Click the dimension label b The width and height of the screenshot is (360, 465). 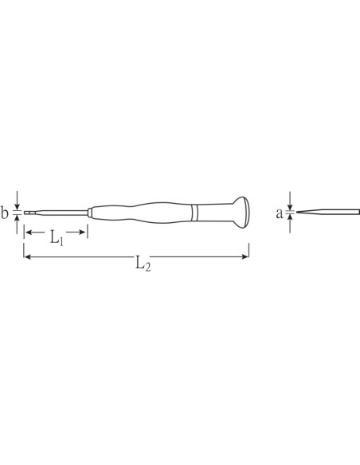[5, 213]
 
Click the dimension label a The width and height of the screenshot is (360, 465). [280, 213]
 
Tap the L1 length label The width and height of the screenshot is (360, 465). [56, 237]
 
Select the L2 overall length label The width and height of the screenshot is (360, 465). [143, 264]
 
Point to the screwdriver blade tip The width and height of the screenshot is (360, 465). [25, 213]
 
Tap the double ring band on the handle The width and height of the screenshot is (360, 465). [194, 213]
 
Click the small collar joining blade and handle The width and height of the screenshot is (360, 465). [89, 213]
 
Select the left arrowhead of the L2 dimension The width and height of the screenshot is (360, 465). [28, 256]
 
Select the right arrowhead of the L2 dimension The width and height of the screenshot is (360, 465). [245, 256]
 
